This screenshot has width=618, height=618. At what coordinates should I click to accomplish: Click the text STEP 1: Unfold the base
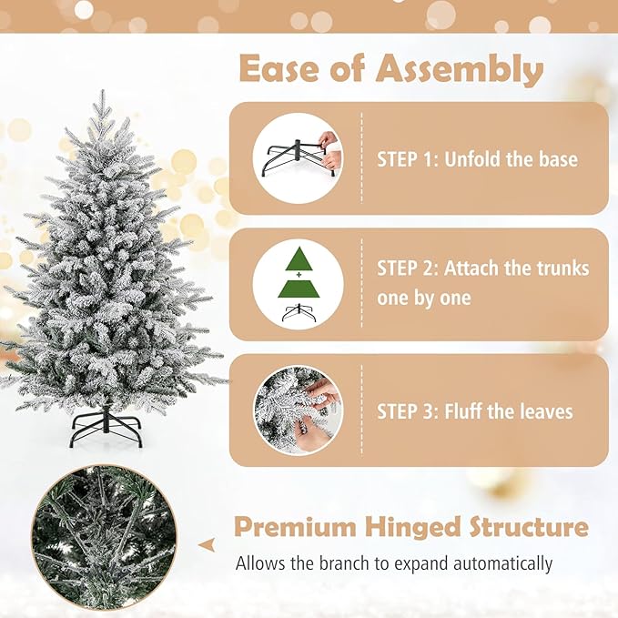(477, 159)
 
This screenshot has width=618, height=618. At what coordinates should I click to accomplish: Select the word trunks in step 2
(556, 269)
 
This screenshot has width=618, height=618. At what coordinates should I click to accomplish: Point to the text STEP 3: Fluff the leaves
(475, 411)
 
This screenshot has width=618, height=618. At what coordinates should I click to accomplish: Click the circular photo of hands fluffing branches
(298, 410)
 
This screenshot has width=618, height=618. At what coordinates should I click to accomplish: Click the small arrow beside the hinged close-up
(208, 544)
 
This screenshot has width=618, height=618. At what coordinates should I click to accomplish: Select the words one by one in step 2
(424, 299)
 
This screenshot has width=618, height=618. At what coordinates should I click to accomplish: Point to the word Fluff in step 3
(463, 411)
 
